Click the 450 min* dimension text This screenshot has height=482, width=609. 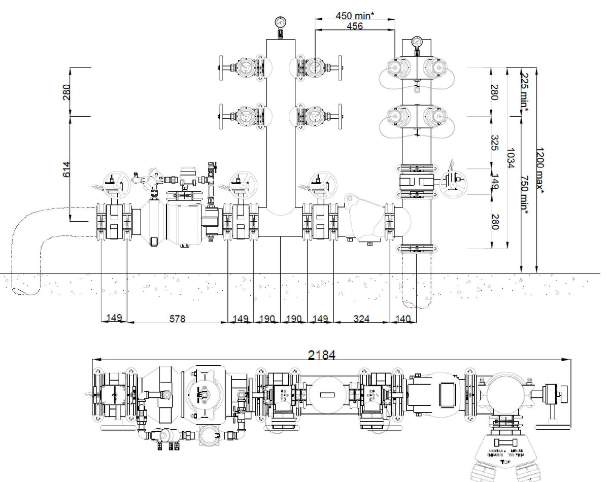click(x=355, y=15)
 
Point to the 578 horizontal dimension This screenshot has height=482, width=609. click(x=177, y=319)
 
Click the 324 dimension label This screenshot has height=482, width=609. click(x=361, y=319)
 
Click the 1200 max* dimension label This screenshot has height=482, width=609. click(x=541, y=170)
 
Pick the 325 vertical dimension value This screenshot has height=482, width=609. click(x=495, y=144)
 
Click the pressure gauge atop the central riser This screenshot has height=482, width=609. click(x=279, y=23)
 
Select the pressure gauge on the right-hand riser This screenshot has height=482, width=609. click(x=417, y=42)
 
